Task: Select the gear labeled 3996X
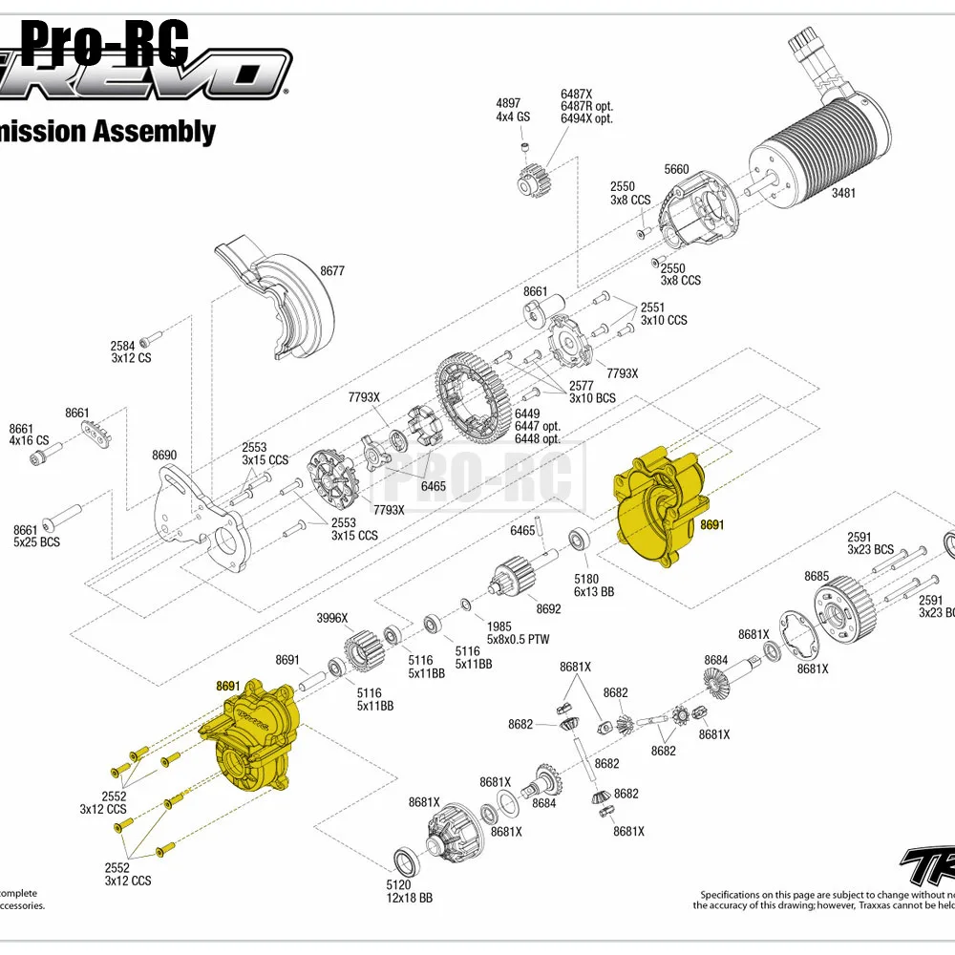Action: [363, 650]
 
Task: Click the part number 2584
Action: [123, 346]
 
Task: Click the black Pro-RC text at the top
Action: [105, 43]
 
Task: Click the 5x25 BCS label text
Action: [36, 542]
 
